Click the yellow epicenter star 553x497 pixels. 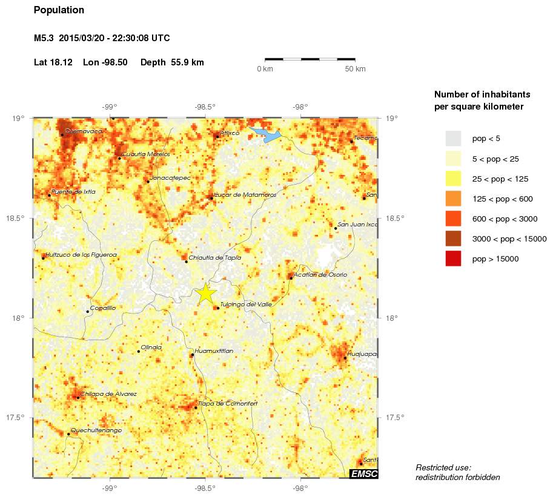pyautogui.click(x=206, y=293)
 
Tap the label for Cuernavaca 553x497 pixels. pyautogui.click(x=84, y=131)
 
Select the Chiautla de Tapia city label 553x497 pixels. pyautogui.click(x=215, y=257)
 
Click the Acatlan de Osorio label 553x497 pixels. pyautogui.click(x=320, y=275)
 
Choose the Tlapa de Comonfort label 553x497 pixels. pyautogui.click(x=228, y=403)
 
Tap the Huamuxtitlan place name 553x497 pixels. pyautogui.click(x=214, y=351)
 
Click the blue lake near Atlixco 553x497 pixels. pyautogui.click(x=267, y=135)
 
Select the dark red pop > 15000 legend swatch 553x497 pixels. pyautogui.click(x=453, y=258)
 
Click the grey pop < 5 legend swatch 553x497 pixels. pyautogui.click(x=453, y=139)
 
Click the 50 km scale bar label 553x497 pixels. pyautogui.click(x=355, y=69)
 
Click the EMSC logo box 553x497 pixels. pyautogui.click(x=363, y=473)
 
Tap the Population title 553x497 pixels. pyautogui.click(x=59, y=10)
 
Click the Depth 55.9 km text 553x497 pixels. pyautogui.click(x=172, y=62)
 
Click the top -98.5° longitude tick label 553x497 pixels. pyautogui.click(x=205, y=107)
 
